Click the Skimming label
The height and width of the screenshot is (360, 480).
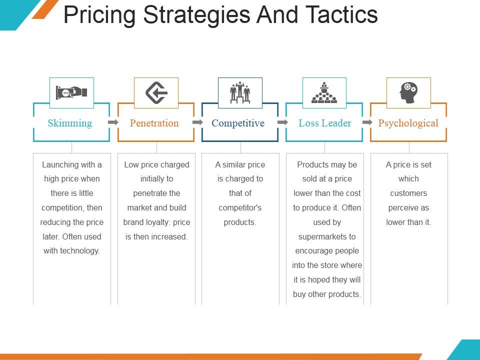click(x=70, y=123)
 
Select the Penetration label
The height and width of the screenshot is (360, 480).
click(x=154, y=123)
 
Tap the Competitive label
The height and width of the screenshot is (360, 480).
click(x=238, y=123)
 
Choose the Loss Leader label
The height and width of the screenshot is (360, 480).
click(x=325, y=123)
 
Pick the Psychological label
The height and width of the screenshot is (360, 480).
click(x=408, y=123)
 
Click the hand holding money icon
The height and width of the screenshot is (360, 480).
click(x=71, y=92)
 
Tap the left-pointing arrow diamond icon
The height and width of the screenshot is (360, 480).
click(x=156, y=92)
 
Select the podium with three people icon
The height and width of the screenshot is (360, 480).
click(x=240, y=92)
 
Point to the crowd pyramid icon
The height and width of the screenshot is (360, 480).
click(x=324, y=92)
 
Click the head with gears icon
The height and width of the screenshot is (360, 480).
click(x=408, y=92)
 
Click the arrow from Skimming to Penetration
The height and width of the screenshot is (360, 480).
click(x=113, y=122)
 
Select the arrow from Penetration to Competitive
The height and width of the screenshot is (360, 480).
click(x=198, y=122)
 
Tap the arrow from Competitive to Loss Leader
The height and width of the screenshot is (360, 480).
click(x=282, y=122)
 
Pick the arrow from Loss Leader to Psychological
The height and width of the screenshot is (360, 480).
click(x=367, y=122)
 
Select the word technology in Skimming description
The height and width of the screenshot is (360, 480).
click(x=80, y=251)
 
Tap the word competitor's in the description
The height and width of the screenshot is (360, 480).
click(x=240, y=207)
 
